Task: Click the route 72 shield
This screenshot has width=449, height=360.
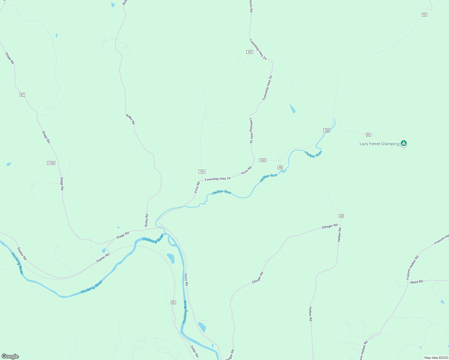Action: [x=424, y=15]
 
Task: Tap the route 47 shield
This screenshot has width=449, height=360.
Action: [x=22, y=95]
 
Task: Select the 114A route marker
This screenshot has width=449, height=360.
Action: [x=51, y=163]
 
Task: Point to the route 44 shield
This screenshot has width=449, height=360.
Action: [x=368, y=135]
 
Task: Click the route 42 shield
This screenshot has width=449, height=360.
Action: [x=173, y=302]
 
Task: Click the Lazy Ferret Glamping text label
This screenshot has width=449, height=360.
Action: [x=379, y=144]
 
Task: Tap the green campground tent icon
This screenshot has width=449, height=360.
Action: [x=404, y=143]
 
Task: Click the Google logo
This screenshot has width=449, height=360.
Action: [x=10, y=356]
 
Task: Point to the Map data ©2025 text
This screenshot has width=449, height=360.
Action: [x=436, y=358]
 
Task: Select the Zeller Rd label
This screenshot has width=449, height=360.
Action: [x=194, y=351]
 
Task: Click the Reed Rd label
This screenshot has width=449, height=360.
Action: [x=417, y=282]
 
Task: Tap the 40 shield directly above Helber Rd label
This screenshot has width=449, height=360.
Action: [x=341, y=216]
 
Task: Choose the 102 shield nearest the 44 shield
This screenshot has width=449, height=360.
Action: [x=327, y=130]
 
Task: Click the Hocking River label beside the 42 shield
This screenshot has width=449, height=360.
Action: [x=185, y=312]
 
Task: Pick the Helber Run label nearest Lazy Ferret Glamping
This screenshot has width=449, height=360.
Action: [x=313, y=154]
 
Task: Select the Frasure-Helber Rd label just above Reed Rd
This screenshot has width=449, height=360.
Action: [x=412, y=268]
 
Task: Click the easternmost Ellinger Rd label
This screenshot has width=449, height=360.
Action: [x=330, y=226]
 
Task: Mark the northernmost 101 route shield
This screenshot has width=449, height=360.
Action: [x=250, y=52]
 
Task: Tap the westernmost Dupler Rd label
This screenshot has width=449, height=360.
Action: [x=22, y=253]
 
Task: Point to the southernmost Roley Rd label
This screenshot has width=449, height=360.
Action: [x=146, y=220]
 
